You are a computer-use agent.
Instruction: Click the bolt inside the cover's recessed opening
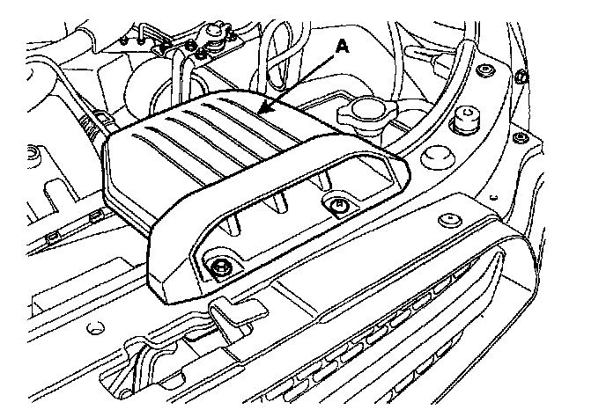336,207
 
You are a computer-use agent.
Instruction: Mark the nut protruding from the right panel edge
521,77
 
